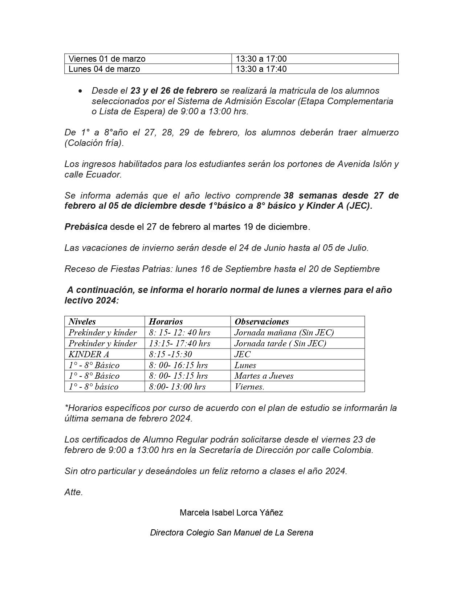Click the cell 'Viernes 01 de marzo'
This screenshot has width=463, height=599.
tap(107, 59)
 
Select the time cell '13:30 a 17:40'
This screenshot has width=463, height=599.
tap(261, 69)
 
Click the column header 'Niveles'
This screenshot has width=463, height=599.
tap(82, 322)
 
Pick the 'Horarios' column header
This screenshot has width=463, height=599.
tap(166, 322)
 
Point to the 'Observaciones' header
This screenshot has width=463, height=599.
tap(261, 322)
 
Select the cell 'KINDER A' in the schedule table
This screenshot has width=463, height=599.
tap(89, 354)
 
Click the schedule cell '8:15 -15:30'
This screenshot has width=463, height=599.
tap(170, 354)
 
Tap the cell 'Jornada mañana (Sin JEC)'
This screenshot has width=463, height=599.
tap(284, 333)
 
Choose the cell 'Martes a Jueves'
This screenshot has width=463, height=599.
tap(264, 376)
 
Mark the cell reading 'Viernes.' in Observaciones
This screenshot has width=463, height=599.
tap(249, 387)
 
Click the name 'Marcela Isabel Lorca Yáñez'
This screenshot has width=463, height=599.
tap(231, 513)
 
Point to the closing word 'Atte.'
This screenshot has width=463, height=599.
tap(74, 493)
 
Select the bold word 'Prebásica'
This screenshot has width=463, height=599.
tap(86, 227)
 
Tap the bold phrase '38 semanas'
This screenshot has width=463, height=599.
tap(312, 196)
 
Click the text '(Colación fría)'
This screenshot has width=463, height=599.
tap(94, 143)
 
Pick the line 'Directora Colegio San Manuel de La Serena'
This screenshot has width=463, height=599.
tap(231, 533)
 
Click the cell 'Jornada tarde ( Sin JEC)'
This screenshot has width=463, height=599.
tap(280, 343)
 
